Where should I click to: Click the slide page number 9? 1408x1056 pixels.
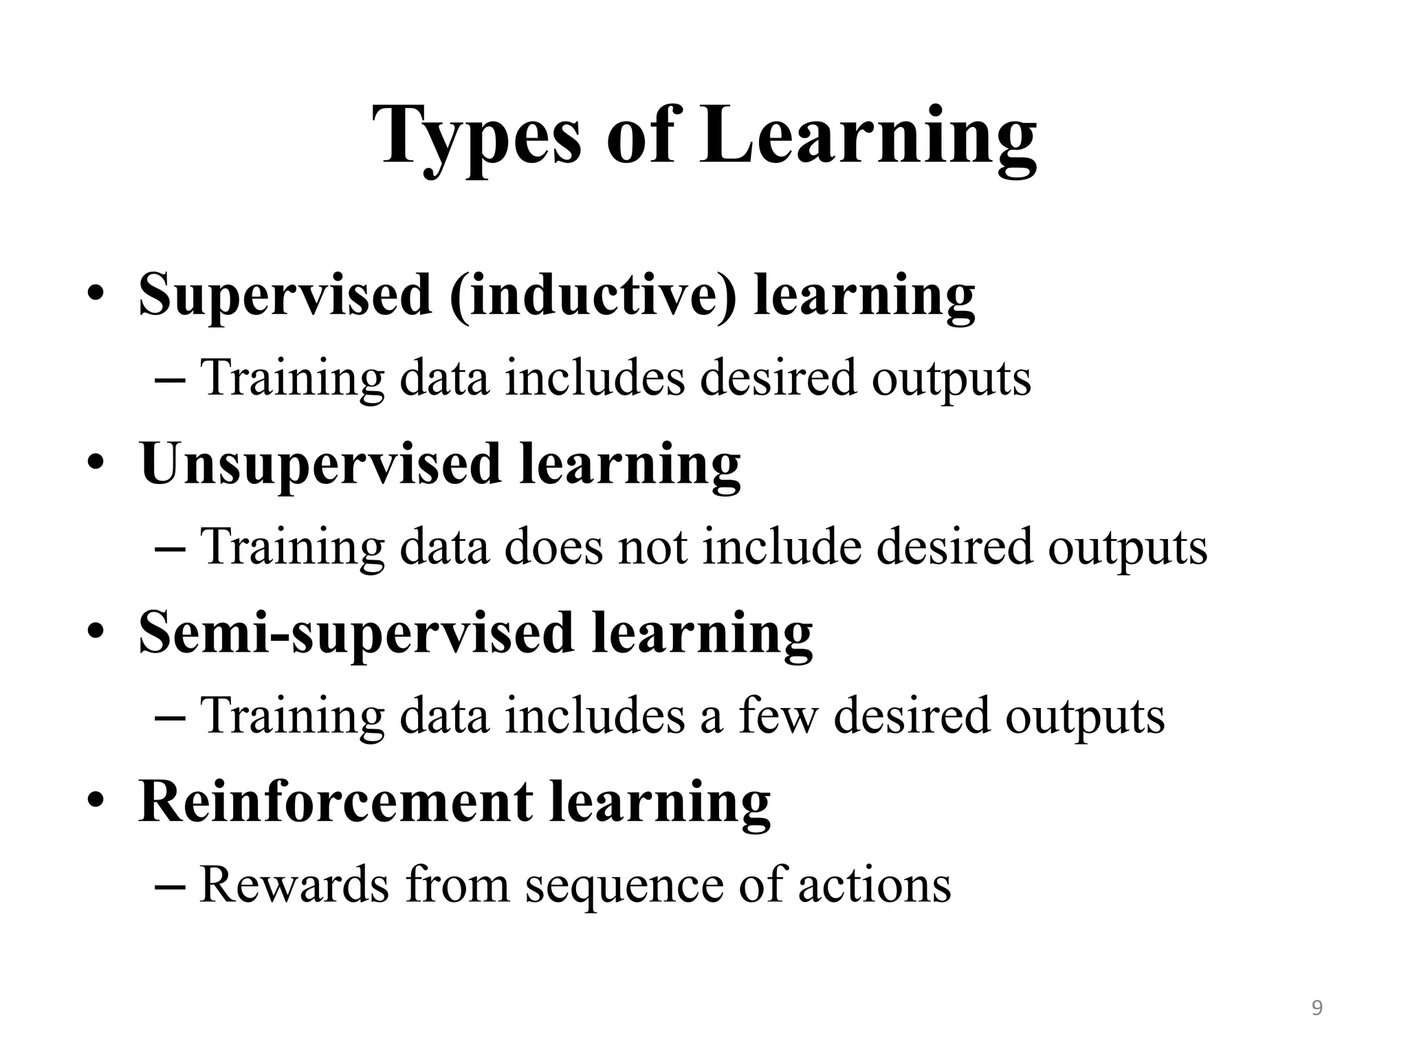(1317, 1008)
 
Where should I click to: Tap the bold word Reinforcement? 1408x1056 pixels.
(335, 802)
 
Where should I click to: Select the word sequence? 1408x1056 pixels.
(624, 885)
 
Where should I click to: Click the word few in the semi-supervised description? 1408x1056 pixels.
(778, 716)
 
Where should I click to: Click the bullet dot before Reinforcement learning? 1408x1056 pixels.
(96, 800)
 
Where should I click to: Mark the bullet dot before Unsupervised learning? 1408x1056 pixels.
(96, 463)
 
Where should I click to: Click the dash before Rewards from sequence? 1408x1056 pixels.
(170, 887)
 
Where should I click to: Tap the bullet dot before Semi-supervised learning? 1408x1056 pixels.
(96, 631)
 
